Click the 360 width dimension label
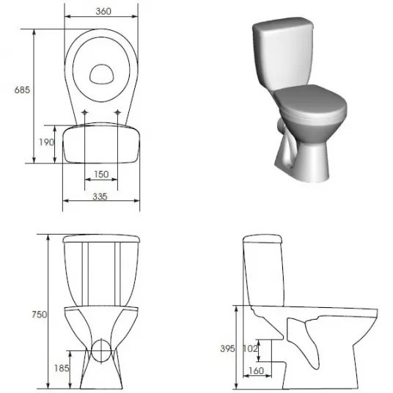coord(103,11)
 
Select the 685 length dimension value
coord(22,89)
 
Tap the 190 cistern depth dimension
coord(46,142)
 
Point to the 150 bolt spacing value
coord(101,175)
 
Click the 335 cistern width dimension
coord(100,196)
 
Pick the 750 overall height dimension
coord(40,315)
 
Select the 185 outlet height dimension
coord(62,368)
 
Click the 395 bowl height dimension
coord(227,348)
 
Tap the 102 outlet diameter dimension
coord(250,348)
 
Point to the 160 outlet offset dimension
coord(257,370)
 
